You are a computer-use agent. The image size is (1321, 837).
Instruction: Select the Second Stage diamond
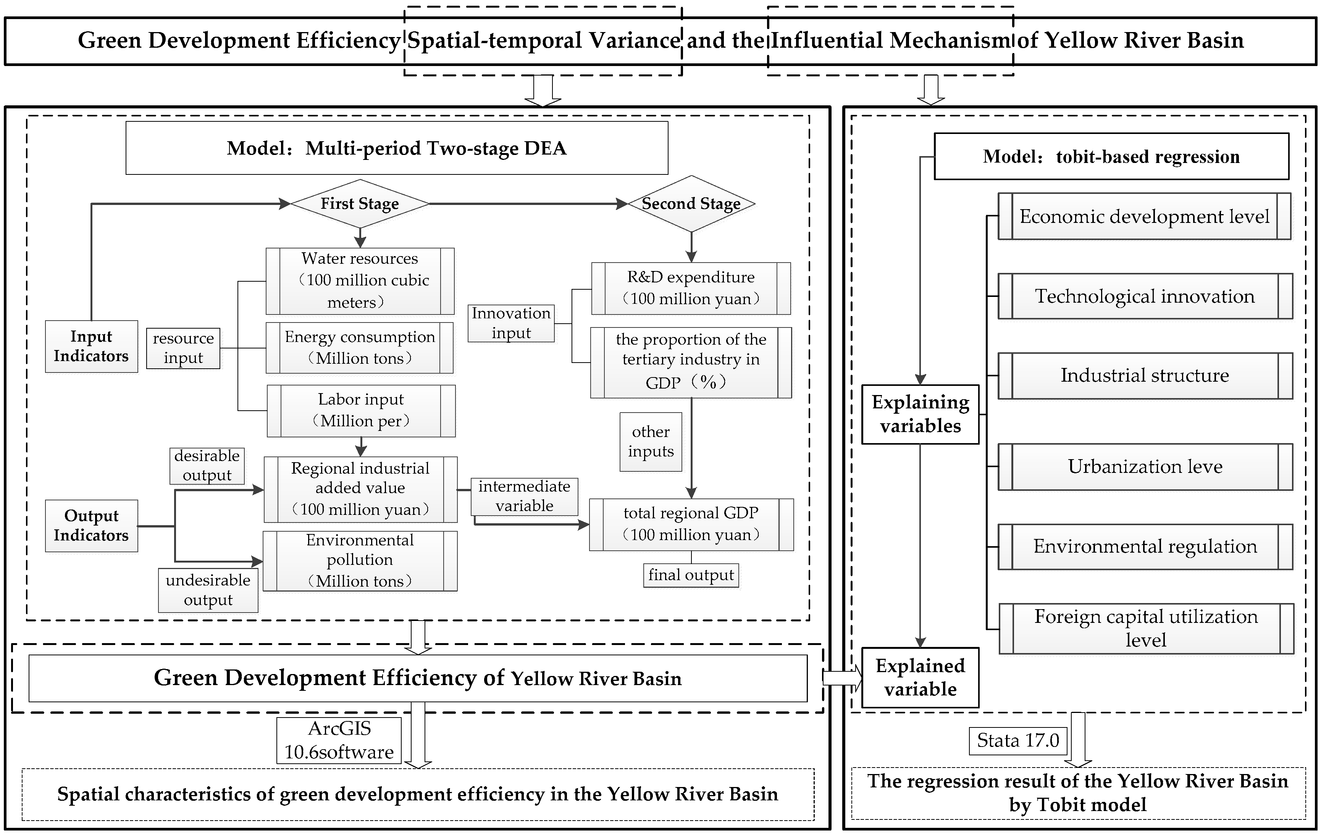click(x=691, y=203)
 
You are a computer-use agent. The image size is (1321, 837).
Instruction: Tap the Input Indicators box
click(x=91, y=346)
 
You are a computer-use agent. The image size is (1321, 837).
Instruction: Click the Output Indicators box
click(x=91, y=526)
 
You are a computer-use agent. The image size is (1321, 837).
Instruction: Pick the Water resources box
click(x=360, y=281)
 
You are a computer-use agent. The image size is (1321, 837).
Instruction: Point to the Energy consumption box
click(x=360, y=348)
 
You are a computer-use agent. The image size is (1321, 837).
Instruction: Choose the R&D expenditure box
click(x=691, y=288)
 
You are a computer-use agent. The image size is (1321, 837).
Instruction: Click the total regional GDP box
click(x=691, y=524)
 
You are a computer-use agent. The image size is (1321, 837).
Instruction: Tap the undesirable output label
click(x=208, y=590)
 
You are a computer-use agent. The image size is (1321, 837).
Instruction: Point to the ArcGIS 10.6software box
click(x=339, y=740)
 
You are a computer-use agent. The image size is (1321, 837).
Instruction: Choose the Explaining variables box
click(x=920, y=414)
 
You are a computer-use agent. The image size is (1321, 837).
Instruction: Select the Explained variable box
click(x=920, y=677)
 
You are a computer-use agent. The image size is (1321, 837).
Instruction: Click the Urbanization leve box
click(x=1145, y=467)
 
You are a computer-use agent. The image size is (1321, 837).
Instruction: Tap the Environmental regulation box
click(x=1145, y=547)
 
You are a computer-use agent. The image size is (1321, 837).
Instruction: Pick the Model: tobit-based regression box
click(x=1111, y=157)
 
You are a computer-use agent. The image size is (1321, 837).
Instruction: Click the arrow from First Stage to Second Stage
click(x=526, y=204)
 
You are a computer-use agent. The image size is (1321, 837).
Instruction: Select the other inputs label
click(x=651, y=442)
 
